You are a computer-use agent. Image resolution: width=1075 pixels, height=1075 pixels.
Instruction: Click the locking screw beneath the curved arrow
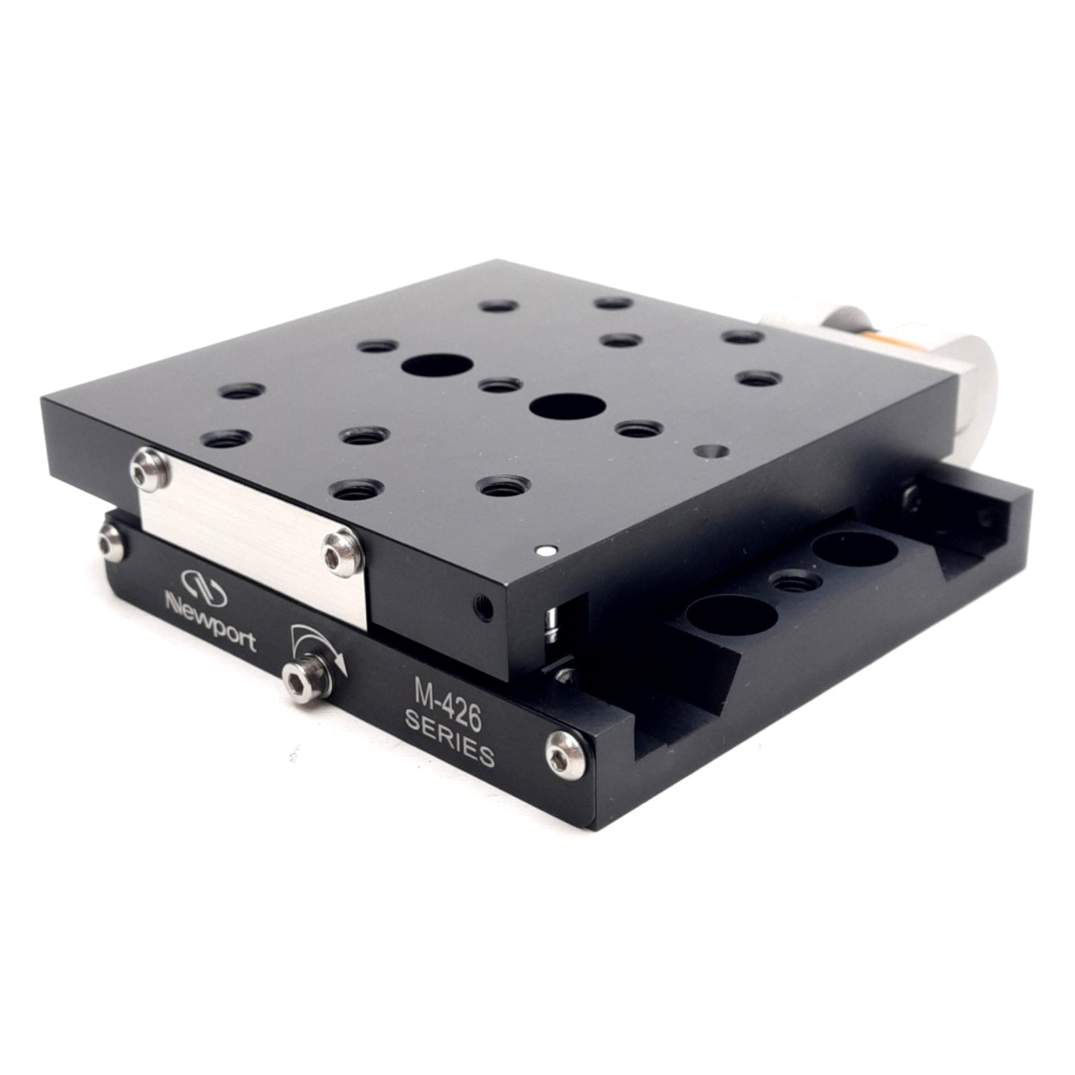pyautogui.click(x=304, y=678)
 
